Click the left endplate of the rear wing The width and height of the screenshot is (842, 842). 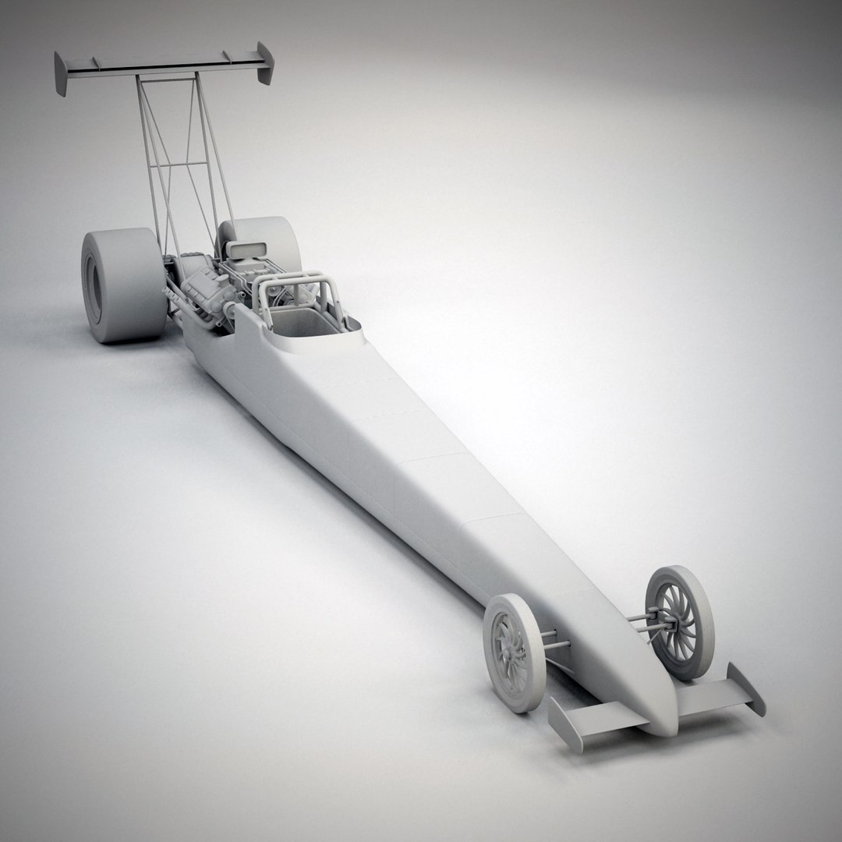coord(60,74)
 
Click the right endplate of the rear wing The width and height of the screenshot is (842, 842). coord(265,64)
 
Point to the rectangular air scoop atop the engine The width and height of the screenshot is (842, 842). coord(243,251)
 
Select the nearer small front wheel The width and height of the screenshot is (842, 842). coord(514,652)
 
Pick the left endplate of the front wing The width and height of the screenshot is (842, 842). coord(563,721)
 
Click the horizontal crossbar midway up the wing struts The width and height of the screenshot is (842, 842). coord(178,163)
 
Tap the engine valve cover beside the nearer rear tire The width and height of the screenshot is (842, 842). coord(191,288)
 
